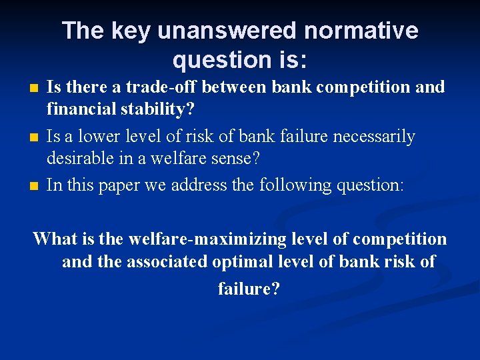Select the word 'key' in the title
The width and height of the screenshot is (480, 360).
(x=129, y=31)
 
